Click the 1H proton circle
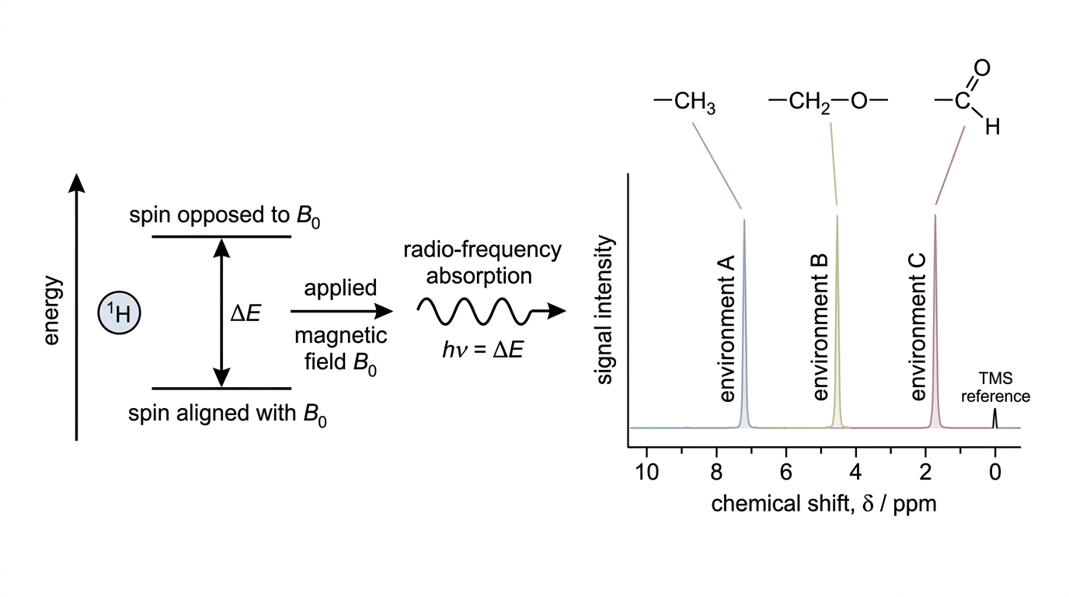119,312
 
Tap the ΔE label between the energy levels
245,313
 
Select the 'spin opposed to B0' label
225,216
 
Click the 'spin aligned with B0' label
227,414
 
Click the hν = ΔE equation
483,350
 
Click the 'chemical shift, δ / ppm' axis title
824,504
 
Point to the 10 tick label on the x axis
646,473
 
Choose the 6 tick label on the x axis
786,473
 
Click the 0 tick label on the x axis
995,473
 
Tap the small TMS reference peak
995,419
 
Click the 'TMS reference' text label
995,387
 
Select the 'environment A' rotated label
727,329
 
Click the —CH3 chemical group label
684,102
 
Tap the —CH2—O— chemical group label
828,102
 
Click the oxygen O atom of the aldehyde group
981,68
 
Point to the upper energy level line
221,236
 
